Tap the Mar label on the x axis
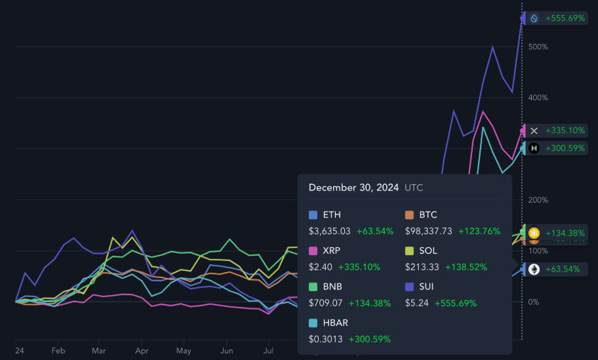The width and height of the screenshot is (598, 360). tap(99, 351)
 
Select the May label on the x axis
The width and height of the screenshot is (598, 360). tap(184, 351)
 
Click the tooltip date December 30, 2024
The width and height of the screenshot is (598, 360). tap(353, 188)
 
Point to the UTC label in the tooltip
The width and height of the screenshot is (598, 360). tap(414, 188)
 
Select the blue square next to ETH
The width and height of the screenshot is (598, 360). tap(313, 215)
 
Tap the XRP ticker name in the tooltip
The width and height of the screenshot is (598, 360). tap(331, 250)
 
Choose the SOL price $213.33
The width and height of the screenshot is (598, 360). tap(422, 267)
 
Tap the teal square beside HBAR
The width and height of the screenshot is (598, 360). tap(313, 323)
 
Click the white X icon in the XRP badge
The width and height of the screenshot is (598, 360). tap(534, 130)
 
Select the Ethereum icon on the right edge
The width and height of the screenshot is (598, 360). tap(534, 269)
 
